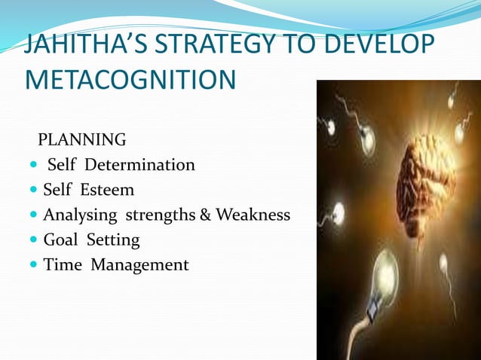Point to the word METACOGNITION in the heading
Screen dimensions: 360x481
130,80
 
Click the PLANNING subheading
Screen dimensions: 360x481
82,140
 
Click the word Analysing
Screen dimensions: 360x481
80,215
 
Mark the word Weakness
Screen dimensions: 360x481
253,215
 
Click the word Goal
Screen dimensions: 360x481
61,240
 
